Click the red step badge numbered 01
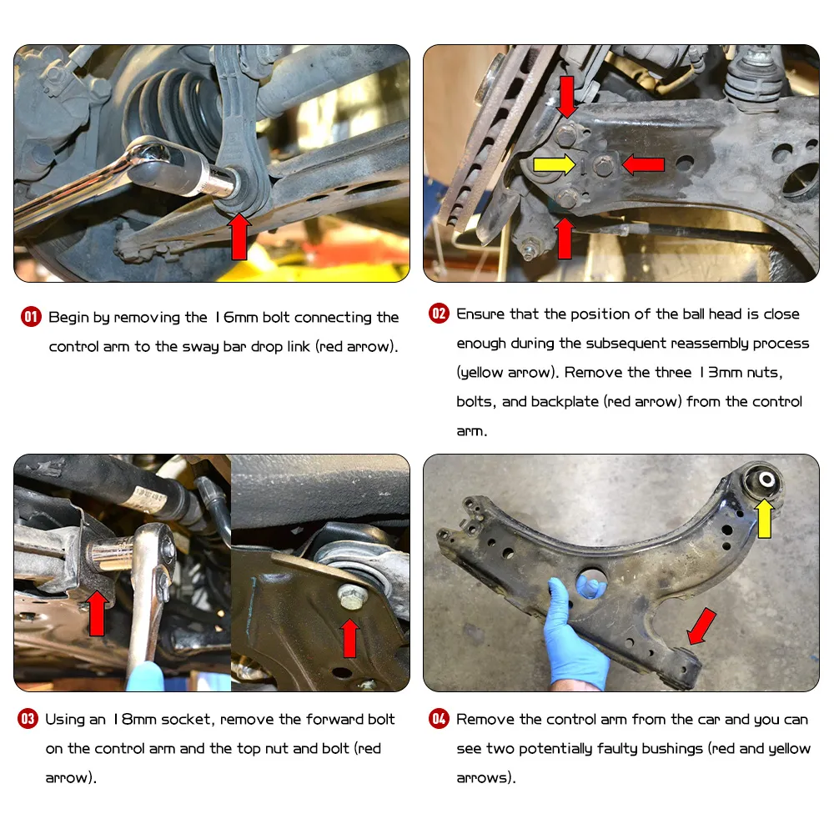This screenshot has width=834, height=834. pyautogui.click(x=31, y=317)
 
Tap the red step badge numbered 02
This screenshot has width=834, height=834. pyautogui.click(x=439, y=314)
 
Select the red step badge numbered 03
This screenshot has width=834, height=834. pyautogui.click(x=28, y=719)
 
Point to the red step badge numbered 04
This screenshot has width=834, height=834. pyautogui.click(x=439, y=719)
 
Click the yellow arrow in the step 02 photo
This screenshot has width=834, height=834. pyautogui.click(x=555, y=164)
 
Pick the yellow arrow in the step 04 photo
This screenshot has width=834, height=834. pyautogui.click(x=765, y=518)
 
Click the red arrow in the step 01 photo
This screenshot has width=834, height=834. pyautogui.click(x=239, y=237)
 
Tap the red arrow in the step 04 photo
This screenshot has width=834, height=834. pyautogui.click(x=701, y=626)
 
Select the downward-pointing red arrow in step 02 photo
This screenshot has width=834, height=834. pyautogui.click(x=567, y=96)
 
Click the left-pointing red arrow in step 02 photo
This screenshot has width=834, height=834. pyautogui.click(x=643, y=164)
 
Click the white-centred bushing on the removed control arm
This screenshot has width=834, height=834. pyautogui.click(x=764, y=480)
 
